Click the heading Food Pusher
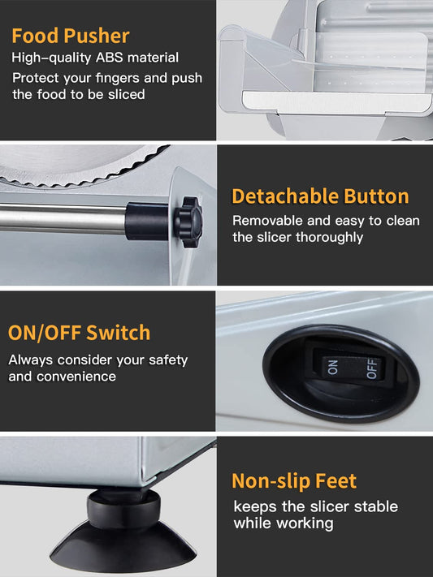tap(71, 36)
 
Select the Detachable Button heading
tap(320, 196)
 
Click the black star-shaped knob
tap(188, 222)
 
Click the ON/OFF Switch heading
tap(80, 333)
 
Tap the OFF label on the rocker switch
tap(372, 368)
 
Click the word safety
tap(168, 360)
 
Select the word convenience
tap(76, 377)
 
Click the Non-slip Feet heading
tap(294, 481)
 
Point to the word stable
tap(376, 506)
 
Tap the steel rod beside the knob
tap(63, 219)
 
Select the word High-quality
tap(51, 58)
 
